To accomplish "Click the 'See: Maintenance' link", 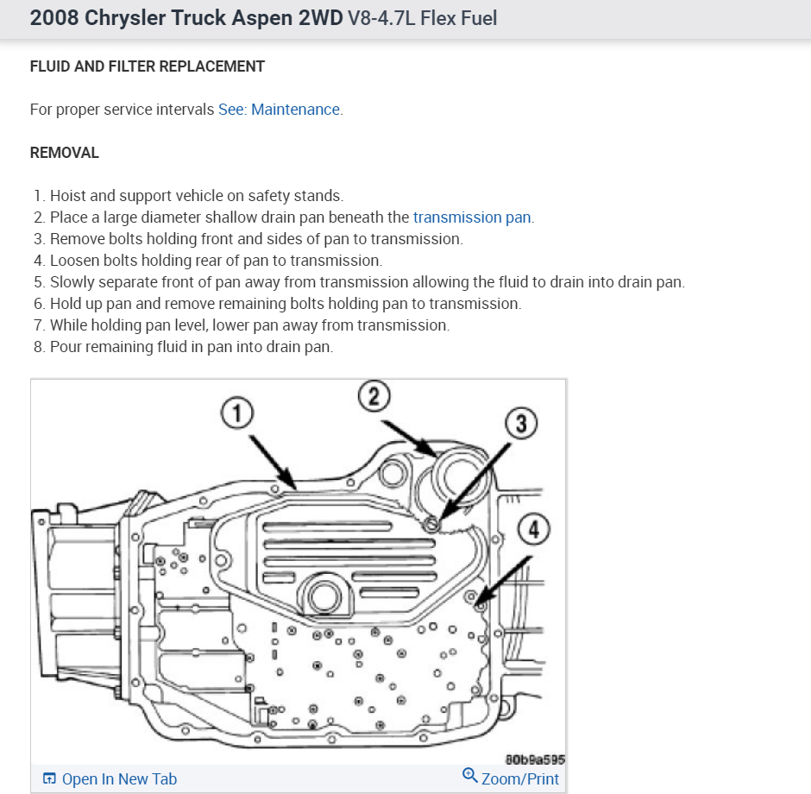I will [280, 110].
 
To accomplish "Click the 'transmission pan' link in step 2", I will [472, 217].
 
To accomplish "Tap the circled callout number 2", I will [374, 398].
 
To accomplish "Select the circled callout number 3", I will [521, 424].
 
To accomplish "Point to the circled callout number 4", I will [534, 529].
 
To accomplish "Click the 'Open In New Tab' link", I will [119, 779].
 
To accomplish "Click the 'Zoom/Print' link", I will [519, 779].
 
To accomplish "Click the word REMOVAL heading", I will [65, 153].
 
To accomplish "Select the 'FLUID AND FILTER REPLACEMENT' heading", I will [148, 66].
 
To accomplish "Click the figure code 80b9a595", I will [535, 759].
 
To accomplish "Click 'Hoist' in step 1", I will [69, 196].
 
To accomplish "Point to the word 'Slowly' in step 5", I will [73, 282].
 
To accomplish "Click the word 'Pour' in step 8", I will [66, 347].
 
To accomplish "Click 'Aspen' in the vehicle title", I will [229, 18].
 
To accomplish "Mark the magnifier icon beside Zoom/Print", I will [470, 776].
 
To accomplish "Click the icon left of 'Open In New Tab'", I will [49, 779].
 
